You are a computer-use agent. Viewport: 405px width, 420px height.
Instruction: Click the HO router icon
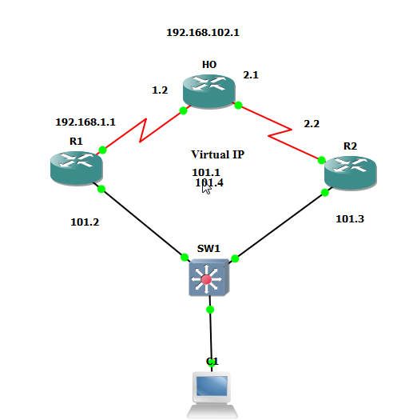click(x=209, y=89)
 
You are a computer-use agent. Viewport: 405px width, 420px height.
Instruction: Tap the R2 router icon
click(x=350, y=172)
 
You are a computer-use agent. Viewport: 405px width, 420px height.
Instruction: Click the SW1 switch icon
click(x=208, y=278)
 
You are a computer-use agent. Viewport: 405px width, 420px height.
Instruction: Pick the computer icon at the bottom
click(x=212, y=394)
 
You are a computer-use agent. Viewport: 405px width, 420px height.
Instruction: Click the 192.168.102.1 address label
click(x=203, y=33)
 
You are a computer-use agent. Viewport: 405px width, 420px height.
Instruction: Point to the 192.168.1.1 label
click(x=85, y=122)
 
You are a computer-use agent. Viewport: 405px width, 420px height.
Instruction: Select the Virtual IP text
click(x=217, y=154)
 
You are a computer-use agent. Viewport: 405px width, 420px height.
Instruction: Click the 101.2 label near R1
click(x=85, y=222)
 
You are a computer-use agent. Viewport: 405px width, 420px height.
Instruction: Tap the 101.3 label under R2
click(x=349, y=218)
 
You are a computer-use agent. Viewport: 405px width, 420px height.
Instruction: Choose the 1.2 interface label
click(x=160, y=90)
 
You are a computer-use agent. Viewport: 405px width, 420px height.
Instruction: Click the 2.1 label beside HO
click(x=251, y=74)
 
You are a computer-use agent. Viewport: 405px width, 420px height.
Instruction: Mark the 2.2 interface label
click(x=312, y=123)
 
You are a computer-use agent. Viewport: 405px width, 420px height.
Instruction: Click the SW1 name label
click(x=208, y=249)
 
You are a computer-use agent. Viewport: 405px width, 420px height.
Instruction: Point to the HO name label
click(x=209, y=64)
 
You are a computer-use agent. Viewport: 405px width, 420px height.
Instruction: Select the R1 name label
click(x=76, y=142)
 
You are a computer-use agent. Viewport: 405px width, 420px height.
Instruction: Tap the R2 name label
click(x=350, y=146)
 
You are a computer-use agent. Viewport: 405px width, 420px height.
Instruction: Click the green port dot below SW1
click(x=210, y=309)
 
